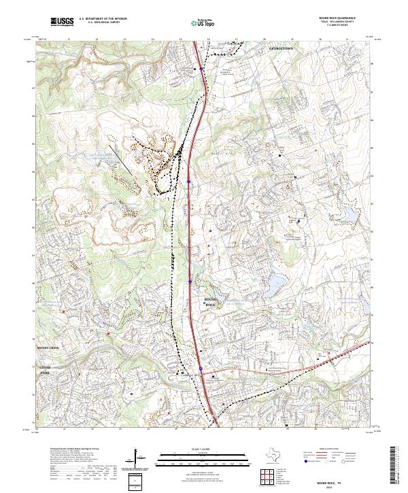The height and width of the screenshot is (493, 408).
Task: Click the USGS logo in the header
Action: pos(62,22)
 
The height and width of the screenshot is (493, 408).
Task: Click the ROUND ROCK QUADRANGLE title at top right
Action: pos(340,19)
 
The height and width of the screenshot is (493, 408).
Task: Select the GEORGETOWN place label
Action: pos(282,49)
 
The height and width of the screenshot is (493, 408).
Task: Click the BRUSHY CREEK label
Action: pos(48,347)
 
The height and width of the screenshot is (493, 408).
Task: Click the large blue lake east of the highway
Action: pos(278,280)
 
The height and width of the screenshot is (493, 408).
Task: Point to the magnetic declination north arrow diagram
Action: pos(140,458)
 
